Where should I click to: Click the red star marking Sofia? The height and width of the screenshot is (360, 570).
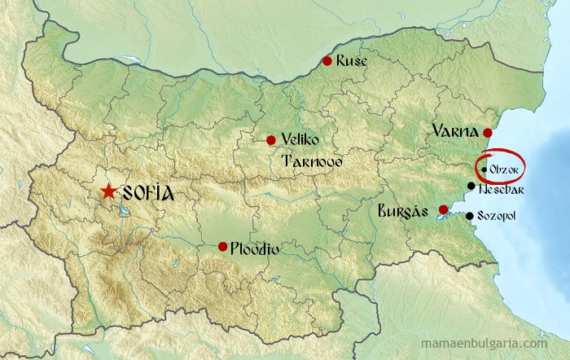click(107, 192)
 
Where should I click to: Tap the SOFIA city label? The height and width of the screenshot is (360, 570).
click(147, 194)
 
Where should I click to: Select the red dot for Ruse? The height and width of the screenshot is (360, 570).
click(327, 60)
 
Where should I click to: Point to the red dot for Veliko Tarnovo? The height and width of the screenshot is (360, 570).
click(271, 140)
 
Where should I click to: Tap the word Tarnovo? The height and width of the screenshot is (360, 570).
click(311, 161)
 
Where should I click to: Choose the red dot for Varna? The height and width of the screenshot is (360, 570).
click(487, 133)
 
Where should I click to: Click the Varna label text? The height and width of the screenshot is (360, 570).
click(454, 130)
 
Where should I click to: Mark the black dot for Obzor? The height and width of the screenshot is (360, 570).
click(484, 169)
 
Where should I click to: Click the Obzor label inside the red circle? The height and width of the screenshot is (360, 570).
click(502, 169)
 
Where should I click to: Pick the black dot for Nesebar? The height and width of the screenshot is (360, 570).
click(471, 186)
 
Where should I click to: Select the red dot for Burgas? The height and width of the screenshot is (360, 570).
click(443, 210)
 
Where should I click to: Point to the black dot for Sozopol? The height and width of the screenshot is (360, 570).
click(469, 216)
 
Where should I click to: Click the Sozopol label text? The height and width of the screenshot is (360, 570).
click(496, 217)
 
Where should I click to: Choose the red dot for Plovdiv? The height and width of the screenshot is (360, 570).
click(222, 246)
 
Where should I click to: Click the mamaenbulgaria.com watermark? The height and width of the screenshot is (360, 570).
click(498, 345)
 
